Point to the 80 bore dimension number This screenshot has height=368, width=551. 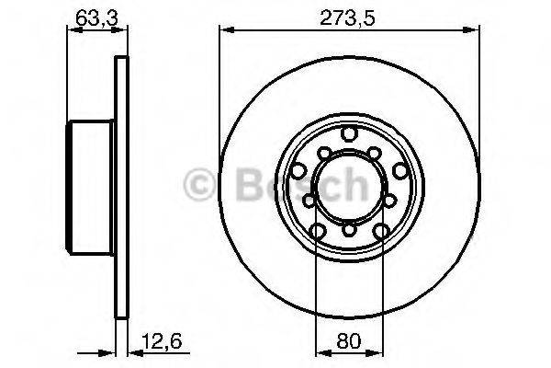pyautogui.click(x=348, y=341)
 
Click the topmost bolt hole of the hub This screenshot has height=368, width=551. pyautogui.click(x=348, y=136)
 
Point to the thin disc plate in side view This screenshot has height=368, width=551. pyautogui.click(x=118, y=184)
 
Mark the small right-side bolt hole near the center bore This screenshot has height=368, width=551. pyautogui.click(x=388, y=197)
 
